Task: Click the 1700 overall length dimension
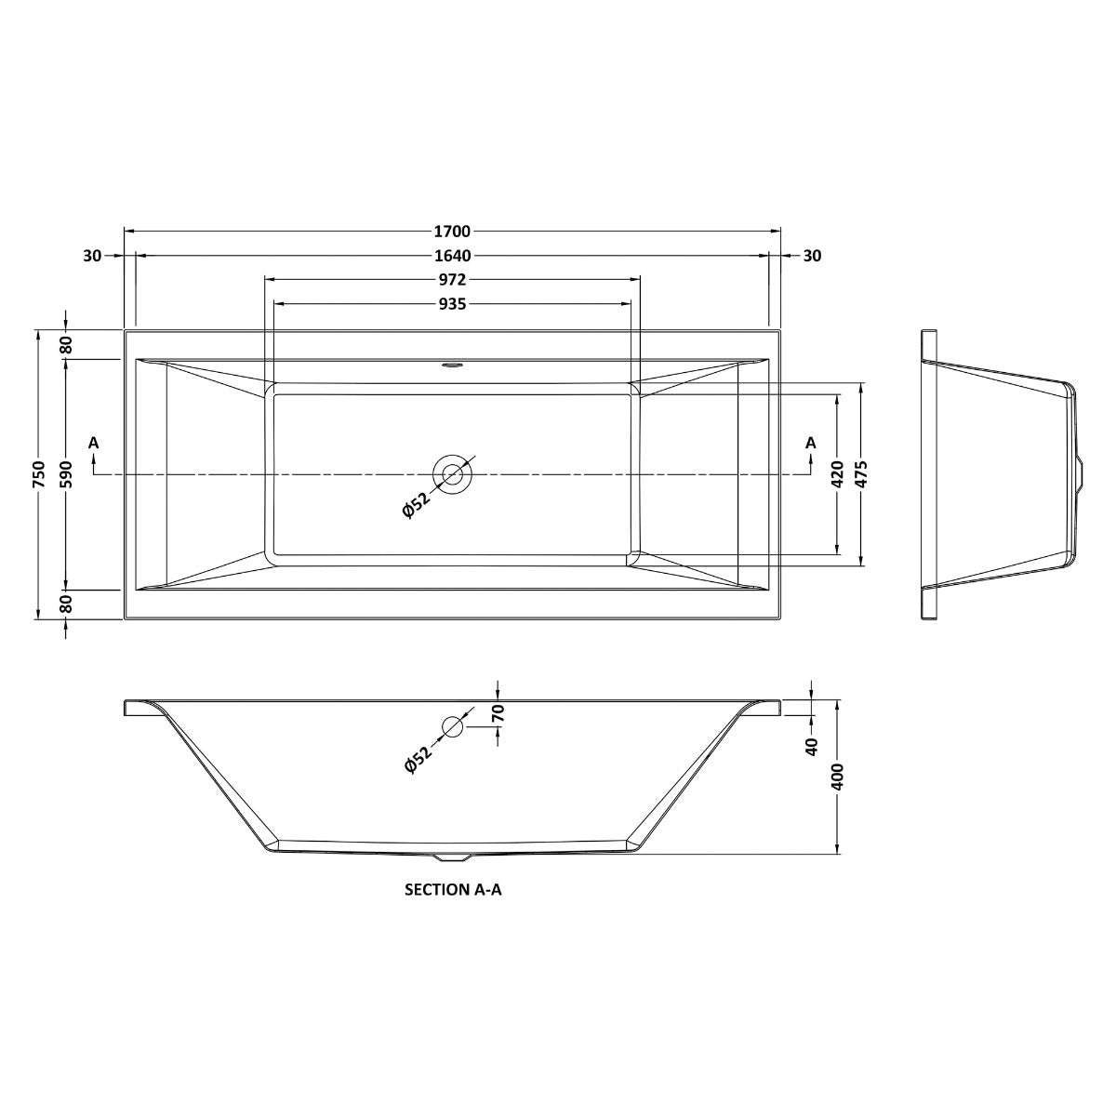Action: pos(453,231)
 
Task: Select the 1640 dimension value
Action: pos(453,256)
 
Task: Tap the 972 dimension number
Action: pos(453,279)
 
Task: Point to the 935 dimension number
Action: pos(453,303)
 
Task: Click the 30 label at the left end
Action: pos(92,256)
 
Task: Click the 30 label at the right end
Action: pos(812,256)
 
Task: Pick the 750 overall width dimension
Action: pos(38,474)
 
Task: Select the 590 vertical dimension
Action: pos(66,474)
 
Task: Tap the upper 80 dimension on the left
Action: pos(66,344)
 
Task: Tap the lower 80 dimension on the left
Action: pos(66,604)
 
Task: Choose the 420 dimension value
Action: pos(837,474)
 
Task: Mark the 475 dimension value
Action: pos(862,474)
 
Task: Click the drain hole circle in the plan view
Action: pos(453,474)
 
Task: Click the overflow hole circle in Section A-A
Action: pos(453,726)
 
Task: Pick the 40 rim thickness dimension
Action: pos(812,745)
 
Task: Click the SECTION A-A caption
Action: pos(453,889)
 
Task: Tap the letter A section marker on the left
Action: pos(93,443)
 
